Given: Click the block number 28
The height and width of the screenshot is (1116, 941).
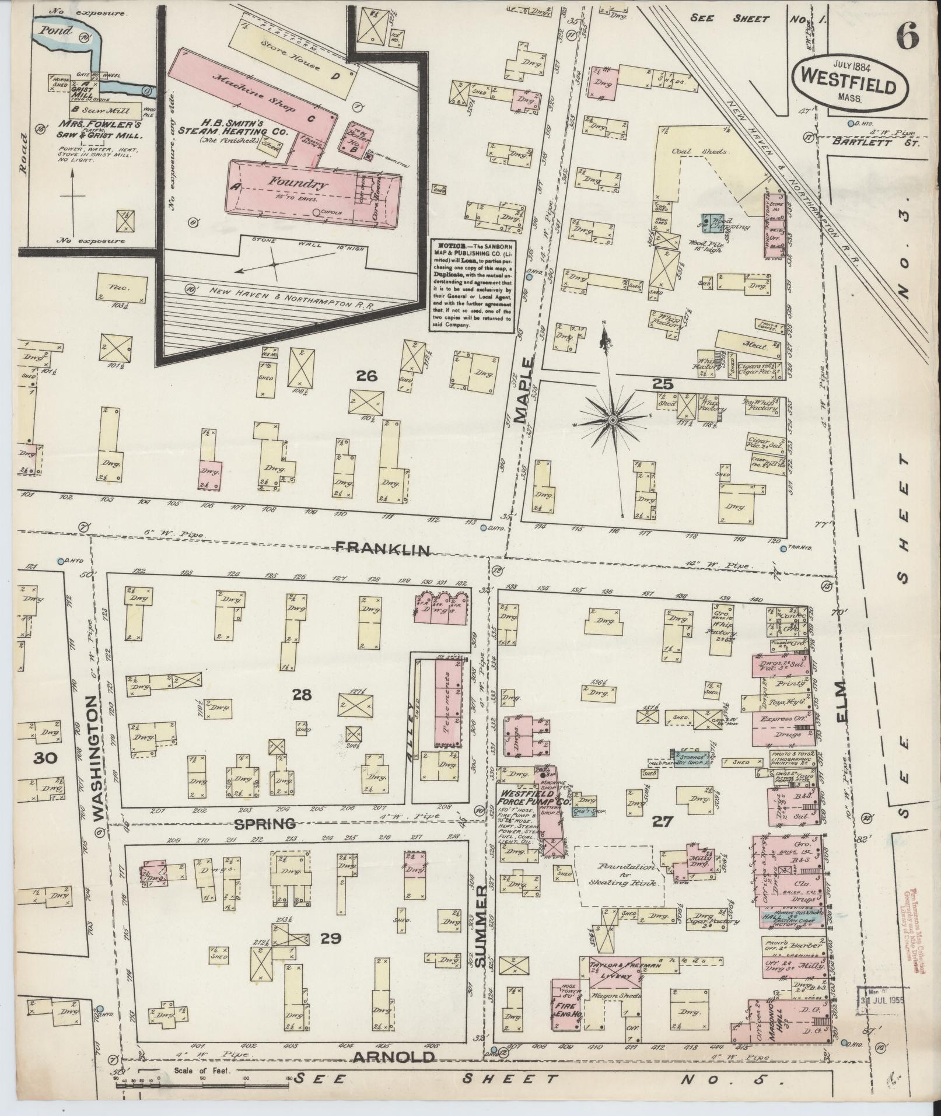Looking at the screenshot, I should click(302, 695).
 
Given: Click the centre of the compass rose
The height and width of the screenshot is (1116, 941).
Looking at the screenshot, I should click(613, 420).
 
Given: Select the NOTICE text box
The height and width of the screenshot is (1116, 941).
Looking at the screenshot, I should click(472, 286).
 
